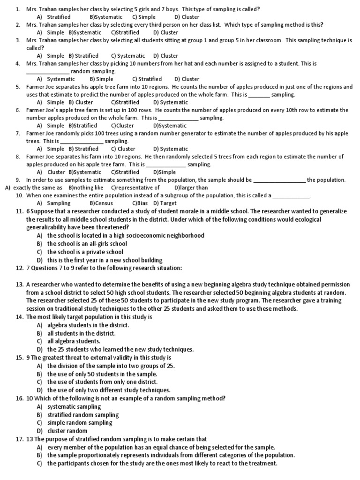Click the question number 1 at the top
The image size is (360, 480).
click(17, 9)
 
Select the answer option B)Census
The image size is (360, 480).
click(101, 203)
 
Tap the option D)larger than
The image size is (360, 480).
click(191, 187)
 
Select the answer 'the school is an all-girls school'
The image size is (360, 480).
click(87, 244)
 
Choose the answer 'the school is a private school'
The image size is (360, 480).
click(85, 252)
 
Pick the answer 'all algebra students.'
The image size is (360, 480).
click(74, 341)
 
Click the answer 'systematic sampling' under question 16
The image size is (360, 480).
click(74, 406)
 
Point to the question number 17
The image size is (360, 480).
click(19, 439)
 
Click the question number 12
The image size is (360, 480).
click(19, 268)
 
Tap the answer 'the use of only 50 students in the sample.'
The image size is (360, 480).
click(102, 374)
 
